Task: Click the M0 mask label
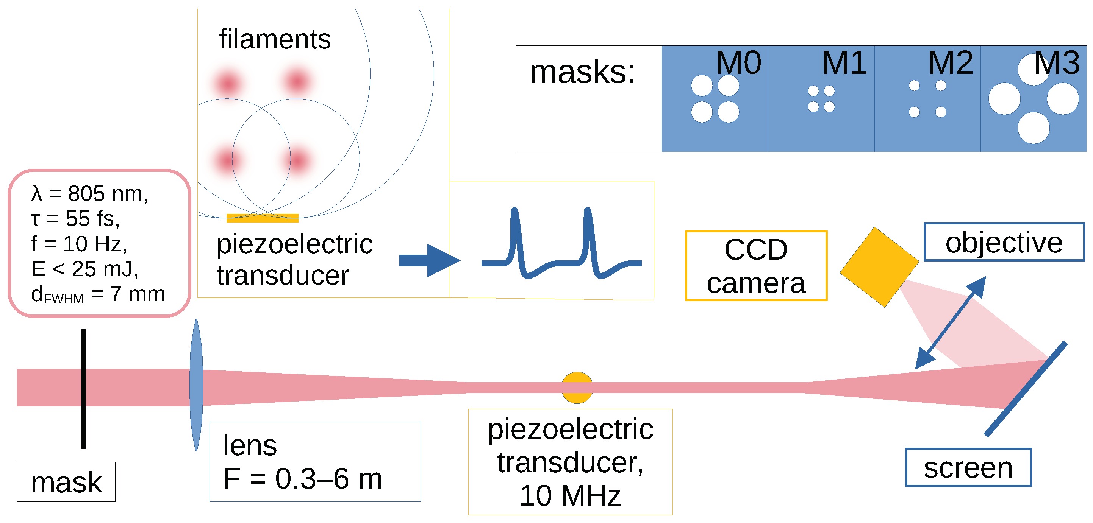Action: coord(738,63)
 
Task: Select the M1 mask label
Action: coord(844,63)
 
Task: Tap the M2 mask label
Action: coord(951,63)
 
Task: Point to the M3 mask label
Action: coord(1057,63)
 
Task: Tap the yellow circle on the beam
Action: coord(577,388)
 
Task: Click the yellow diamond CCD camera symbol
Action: coord(879,267)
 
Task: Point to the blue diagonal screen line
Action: coord(1025,389)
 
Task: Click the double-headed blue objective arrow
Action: coord(951,323)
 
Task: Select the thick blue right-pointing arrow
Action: coord(429,260)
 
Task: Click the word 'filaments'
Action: coord(275,39)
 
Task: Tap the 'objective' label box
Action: coord(1004,242)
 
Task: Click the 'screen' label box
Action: coord(968,467)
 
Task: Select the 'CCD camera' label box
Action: coord(756,266)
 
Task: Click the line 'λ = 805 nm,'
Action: coord(89,194)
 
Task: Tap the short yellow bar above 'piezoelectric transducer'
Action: coord(262,218)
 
